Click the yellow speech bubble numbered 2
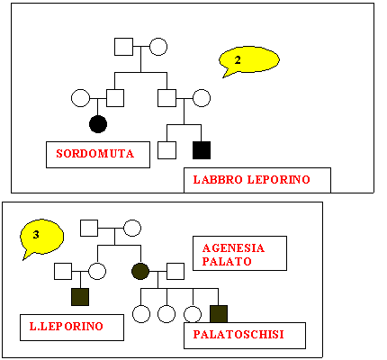click(249, 60)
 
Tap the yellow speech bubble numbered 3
click(41, 236)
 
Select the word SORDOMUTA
click(94, 154)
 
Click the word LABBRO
click(218, 180)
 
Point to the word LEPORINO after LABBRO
click(279, 180)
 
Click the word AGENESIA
click(233, 248)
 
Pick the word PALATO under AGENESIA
click(227, 261)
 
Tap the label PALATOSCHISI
click(238, 334)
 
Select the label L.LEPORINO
click(67, 326)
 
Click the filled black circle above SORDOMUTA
click(98, 124)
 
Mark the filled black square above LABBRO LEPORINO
click(202, 150)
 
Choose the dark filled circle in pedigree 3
click(140, 271)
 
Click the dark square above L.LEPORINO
click(80, 297)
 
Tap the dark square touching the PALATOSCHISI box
click(219, 314)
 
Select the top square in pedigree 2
click(123, 47)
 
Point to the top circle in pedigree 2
click(158, 47)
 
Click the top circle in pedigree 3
click(132, 228)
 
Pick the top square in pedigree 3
click(89, 228)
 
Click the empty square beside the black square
click(166, 150)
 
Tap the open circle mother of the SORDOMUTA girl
click(80, 98)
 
